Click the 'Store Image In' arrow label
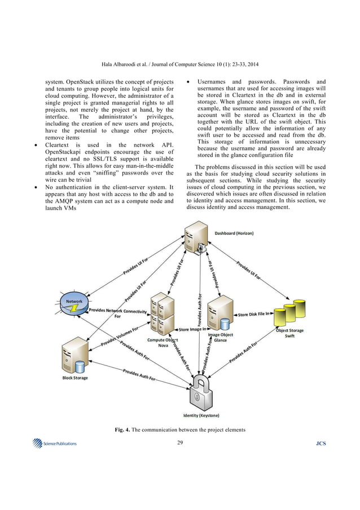[192, 329]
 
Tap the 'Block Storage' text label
[75, 377]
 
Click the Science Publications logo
[55, 443]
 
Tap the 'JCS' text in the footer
[321, 443]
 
